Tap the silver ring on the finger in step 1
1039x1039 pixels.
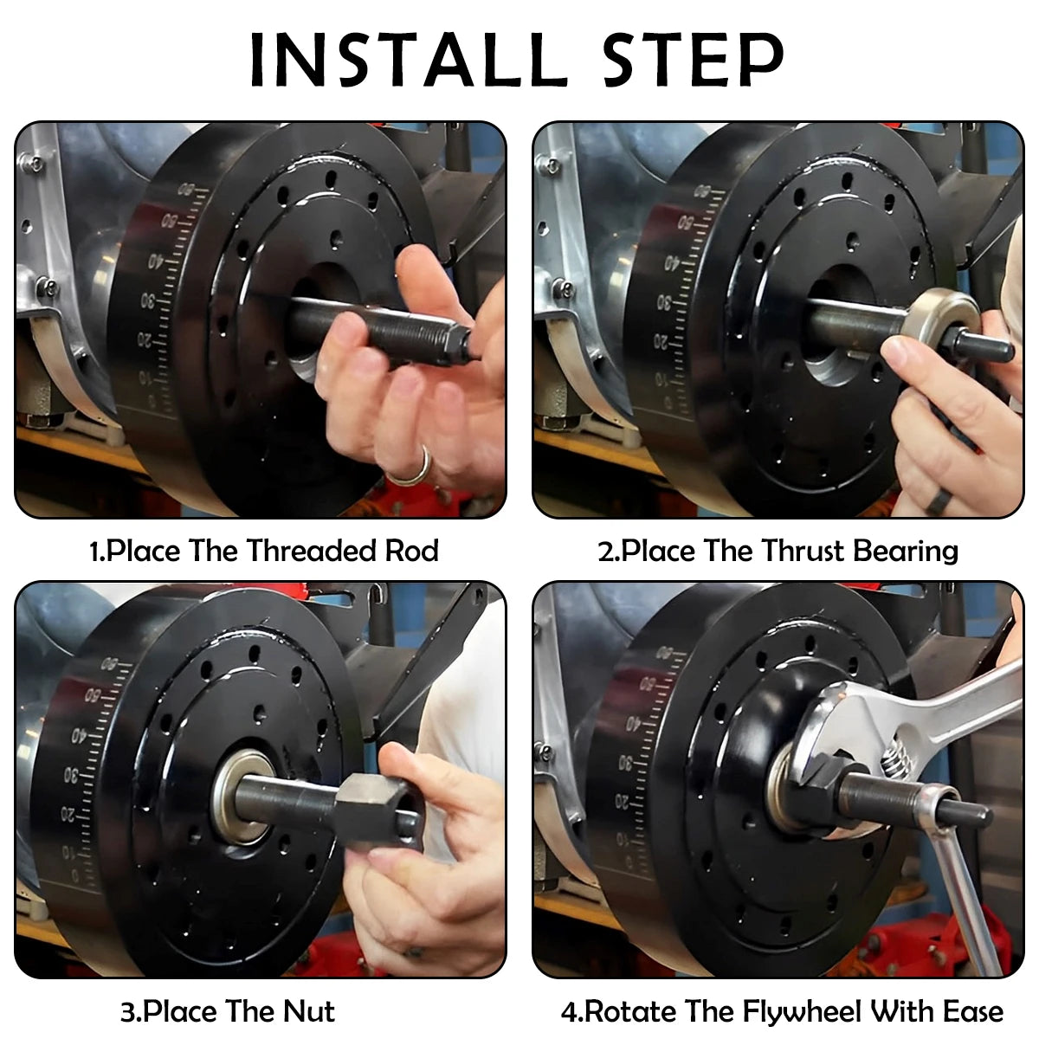[410, 468]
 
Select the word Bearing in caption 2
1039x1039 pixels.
[905, 551]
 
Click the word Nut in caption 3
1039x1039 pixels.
[308, 1010]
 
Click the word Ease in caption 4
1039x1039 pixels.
[969, 1010]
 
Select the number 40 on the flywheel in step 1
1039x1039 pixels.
[156, 260]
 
